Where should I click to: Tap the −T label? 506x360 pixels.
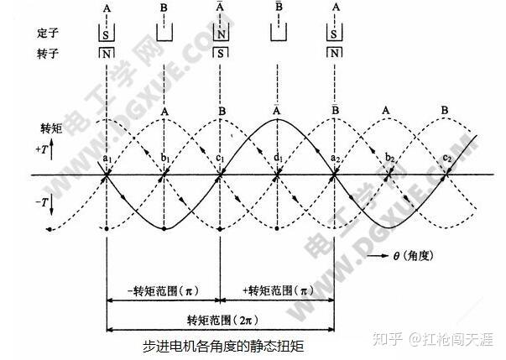click(x=45, y=202)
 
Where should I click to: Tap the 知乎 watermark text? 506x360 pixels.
click(x=394, y=339)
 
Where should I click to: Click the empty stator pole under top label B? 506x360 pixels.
click(x=164, y=34)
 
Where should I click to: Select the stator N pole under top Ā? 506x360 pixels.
click(x=222, y=34)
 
